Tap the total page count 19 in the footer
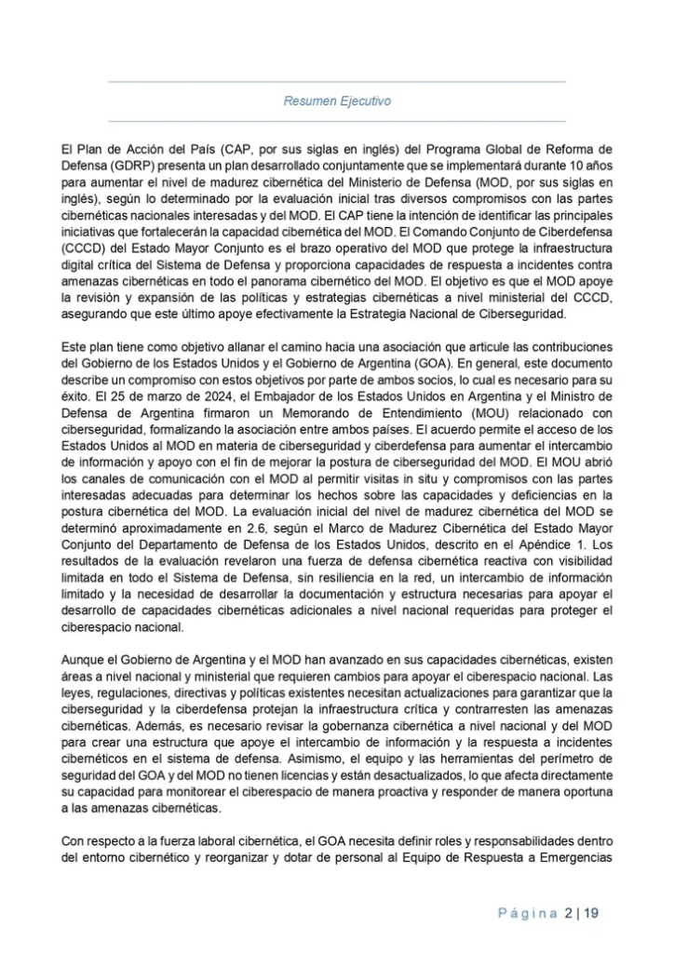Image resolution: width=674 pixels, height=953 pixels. (592, 913)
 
